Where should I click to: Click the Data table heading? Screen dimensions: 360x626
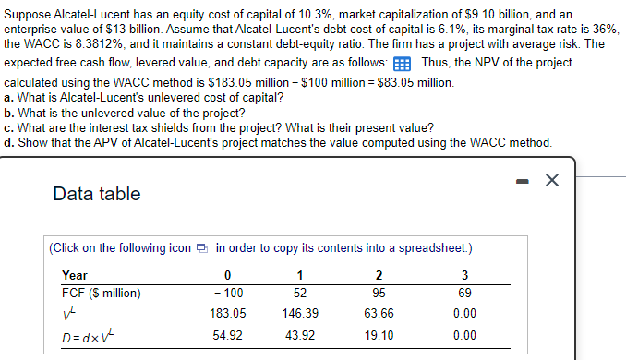point(97,194)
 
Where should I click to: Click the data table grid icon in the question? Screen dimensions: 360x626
point(402,63)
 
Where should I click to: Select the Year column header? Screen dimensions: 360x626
point(75,275)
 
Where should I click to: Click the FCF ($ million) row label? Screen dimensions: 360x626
point(101,294)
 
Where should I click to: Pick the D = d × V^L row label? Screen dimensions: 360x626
point(86,335)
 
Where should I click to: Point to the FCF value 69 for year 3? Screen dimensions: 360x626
point(464,294)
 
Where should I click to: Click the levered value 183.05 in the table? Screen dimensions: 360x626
point(228,314)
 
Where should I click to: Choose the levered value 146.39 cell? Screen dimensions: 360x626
point(300,314)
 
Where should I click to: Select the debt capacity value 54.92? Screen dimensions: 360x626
point(228,335)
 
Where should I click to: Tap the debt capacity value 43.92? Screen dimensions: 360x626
point(300,335)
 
